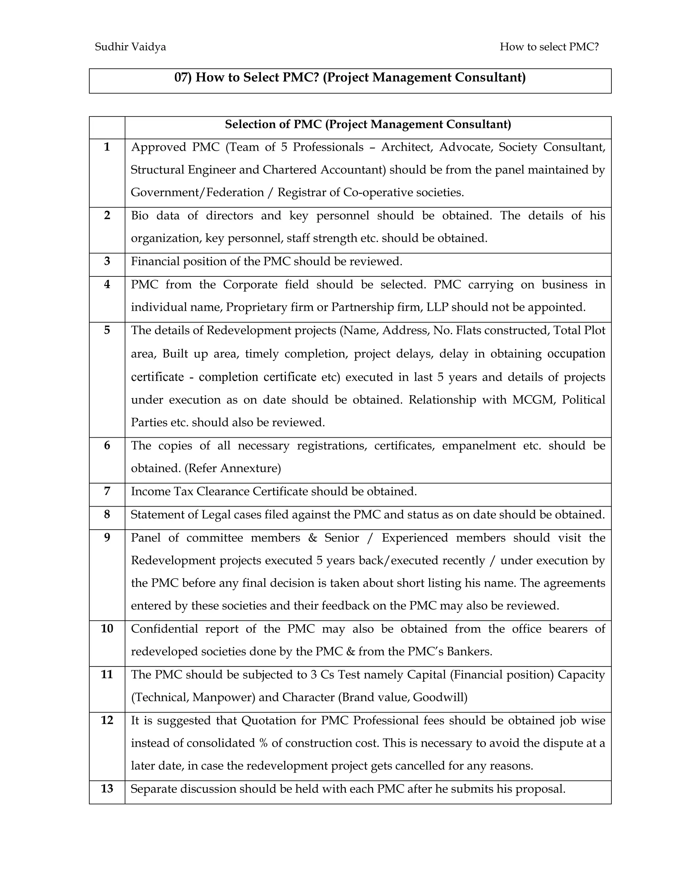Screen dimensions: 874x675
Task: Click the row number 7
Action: [x=107, y=491]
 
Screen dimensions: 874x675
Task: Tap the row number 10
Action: [x=107, y=628]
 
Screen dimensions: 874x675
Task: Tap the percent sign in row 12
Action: [x=263, y=743]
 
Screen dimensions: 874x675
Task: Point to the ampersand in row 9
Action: [x=313, y=538]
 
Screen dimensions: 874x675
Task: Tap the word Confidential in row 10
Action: [x=164, y=629]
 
